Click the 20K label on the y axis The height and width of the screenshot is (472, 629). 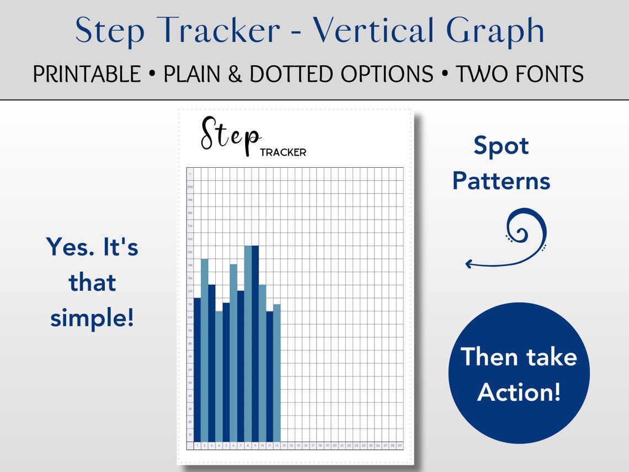[190, 187]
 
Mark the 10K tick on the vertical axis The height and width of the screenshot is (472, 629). [190, 317]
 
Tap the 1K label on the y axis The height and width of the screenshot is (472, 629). [190, 435]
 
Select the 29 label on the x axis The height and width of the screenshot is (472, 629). [399, 446]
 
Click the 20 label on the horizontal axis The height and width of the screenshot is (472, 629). [334, 446]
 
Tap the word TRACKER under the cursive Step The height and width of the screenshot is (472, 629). [282, 152]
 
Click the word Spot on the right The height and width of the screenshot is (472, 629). [501, 146]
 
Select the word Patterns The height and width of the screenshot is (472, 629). [501, 181]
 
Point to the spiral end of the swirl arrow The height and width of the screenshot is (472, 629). [524, 229]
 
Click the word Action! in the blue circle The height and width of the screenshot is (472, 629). [519, 392]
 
